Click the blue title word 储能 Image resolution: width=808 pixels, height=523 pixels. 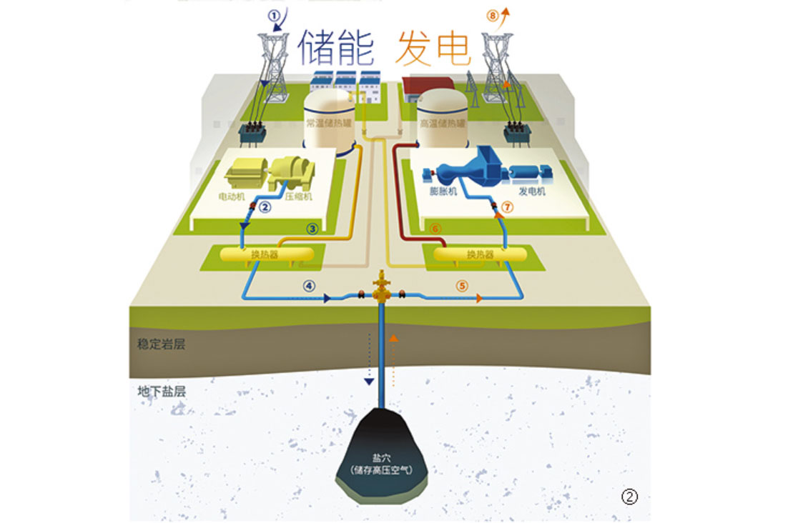(x=336, y=47)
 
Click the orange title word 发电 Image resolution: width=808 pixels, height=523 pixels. (x=433, y=47)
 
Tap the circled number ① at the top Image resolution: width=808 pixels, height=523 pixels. (x=273, y=14)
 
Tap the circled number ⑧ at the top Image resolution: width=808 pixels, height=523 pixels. (x=492, y=14)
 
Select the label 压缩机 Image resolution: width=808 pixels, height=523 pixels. (x=297, y=194)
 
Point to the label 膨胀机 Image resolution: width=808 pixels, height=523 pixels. (x=443, y=191)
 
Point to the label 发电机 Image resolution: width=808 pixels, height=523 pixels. (x=531, y=191)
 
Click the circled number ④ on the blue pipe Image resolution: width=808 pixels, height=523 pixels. (x=309, y=285)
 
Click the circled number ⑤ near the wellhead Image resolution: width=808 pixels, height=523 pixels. (x=462, y=285)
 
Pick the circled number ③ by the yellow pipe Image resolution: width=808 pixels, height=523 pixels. (x=312, y=229)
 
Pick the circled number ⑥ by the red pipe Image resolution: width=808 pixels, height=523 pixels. (x=437, y=229)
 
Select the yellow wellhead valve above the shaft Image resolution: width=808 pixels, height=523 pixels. (x=381, y=287)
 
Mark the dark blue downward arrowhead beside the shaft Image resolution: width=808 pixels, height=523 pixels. (x=369, y=382)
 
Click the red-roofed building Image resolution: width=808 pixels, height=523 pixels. (x=428, y=86)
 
